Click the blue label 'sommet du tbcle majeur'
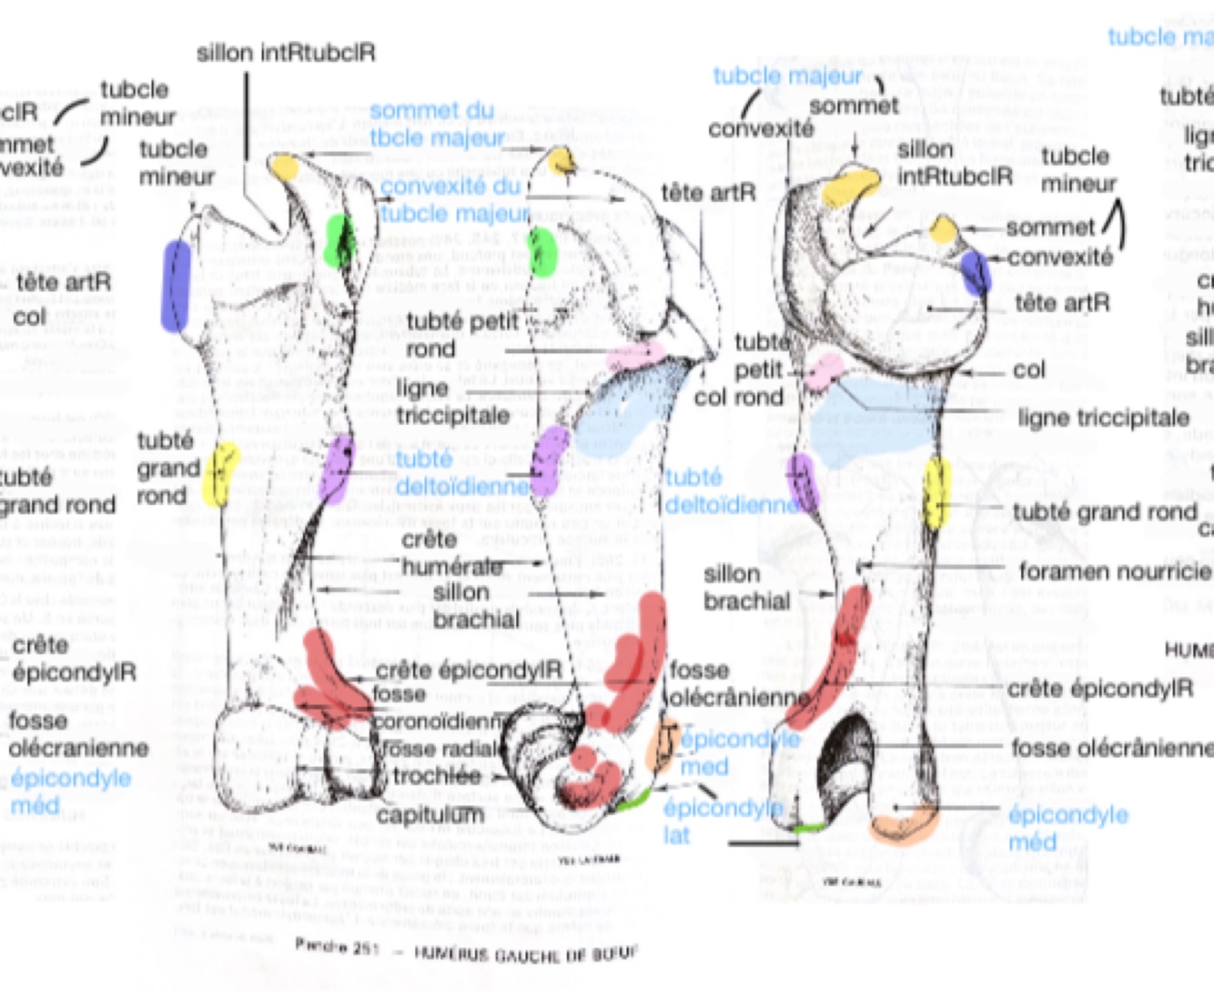pos(435,125)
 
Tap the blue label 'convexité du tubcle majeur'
pos(452,199)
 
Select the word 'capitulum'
pos(430,814)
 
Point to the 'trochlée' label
pos(436,776)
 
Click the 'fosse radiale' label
pos(440,749)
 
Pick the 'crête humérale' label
pos(451,553)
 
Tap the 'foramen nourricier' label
pos(1114,571)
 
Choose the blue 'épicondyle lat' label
pos(722,821)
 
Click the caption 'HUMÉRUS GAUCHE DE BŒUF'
pos(525,953)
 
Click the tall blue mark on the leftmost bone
pos(175,286)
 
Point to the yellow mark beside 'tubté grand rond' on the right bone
pos(936,493)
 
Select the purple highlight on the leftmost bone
pos(337,468)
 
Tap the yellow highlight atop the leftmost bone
pos(285,167)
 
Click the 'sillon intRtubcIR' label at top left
pos(286,53)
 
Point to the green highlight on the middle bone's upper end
pos(542,252)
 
